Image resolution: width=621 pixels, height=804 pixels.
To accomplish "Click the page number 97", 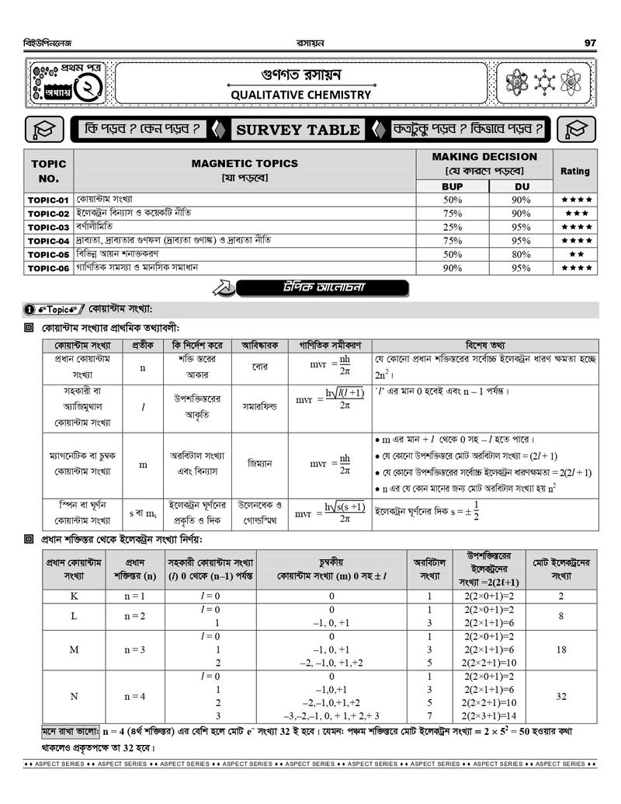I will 590,43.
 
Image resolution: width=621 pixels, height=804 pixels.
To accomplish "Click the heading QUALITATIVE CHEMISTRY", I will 300,95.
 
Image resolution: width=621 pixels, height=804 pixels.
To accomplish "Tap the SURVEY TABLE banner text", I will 298,130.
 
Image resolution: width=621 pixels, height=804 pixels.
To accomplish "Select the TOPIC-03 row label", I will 49,228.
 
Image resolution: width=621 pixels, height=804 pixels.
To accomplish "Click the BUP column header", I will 452,186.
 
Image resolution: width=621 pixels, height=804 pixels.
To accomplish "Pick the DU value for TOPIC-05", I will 521,255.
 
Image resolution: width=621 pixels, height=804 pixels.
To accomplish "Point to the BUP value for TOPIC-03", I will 452,228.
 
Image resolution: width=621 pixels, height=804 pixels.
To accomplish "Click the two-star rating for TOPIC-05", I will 576,255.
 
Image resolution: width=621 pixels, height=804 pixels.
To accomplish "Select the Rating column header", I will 575,171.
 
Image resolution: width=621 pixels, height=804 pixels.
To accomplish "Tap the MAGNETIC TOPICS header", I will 245,163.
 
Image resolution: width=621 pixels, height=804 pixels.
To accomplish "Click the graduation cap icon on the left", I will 43,129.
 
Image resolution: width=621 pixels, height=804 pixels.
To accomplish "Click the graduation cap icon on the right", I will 576,129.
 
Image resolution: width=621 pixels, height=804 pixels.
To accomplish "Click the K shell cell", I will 74,597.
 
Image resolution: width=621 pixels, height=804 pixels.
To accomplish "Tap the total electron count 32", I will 561,697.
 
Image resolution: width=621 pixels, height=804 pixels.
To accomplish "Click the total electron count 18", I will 561,649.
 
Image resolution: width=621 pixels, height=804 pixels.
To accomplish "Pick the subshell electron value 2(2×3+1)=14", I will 489,716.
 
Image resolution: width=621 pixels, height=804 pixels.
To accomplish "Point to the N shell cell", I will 74,697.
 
